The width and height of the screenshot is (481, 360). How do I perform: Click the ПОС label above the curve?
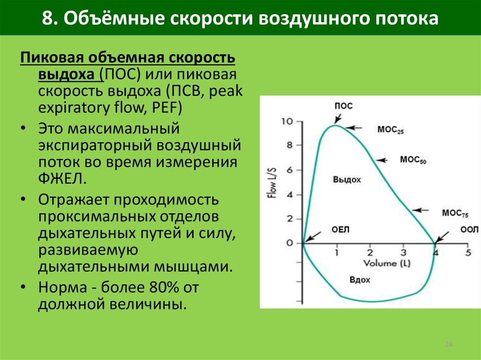(x=343, y=106)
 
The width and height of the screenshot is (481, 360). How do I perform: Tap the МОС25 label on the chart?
(x=390, y=130)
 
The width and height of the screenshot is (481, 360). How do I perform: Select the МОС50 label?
(x=413, y=160)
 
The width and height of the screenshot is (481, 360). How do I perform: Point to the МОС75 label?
(x=455, y=214)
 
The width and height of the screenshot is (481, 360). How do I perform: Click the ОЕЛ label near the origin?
(x=341, y=230)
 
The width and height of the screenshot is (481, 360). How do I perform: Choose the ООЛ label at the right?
(x=469, y=230)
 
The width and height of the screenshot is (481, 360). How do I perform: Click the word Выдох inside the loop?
(x=347, y=180)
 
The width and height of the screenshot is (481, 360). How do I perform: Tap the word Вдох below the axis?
(x=360, y=280)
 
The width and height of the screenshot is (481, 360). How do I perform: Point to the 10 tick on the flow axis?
(x=287, y=122)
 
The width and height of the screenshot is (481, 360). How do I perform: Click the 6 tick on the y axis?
(x=290, y=170)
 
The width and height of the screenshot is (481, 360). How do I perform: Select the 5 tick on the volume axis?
(x=468, y=253)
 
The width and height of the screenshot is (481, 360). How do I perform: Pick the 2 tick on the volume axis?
(x=370, y=253)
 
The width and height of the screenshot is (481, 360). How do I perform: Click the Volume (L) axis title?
(x=387, y=263)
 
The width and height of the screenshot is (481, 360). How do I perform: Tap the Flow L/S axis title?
(x=272, y=183)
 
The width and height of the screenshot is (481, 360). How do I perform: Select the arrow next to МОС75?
(x=420, y=210)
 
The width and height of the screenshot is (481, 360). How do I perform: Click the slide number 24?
(x=449, y=345)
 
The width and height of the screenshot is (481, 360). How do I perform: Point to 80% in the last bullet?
(x=164, y=287)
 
